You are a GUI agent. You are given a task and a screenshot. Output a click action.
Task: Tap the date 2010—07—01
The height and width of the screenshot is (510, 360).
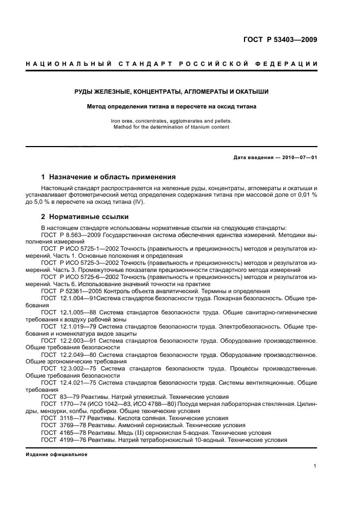(x=298, y=157)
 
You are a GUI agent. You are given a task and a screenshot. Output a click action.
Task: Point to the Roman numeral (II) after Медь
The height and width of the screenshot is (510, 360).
(x=135, y=432)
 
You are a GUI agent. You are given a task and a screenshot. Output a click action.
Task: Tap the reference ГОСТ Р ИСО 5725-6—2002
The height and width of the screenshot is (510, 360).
(x=80, y=277)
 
